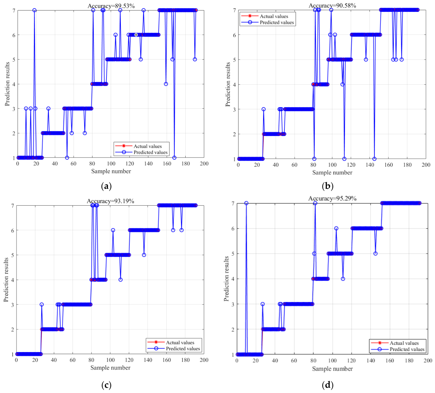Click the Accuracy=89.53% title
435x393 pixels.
pos(111,6)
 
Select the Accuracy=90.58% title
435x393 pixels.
pos(332,5)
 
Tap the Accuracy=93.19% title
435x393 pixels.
pos(110,201)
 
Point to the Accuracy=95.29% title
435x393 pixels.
pos(332,199)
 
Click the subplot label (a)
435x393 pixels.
pos(106,186)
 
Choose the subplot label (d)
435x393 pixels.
pos(328,385)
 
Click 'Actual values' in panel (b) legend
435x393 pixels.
pos(274,16)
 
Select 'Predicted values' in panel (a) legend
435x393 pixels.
pos(151,152)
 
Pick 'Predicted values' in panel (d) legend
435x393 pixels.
pos(407,349)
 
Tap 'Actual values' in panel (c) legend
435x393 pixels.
pos(180,343)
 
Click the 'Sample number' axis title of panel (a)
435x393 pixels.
pos(111,171)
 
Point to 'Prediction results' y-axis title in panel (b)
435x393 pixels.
pos(227,84)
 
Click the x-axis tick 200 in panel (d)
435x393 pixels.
pos(428,361)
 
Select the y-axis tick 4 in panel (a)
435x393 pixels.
pos(14,84)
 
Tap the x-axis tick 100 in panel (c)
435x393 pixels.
pos(110,360)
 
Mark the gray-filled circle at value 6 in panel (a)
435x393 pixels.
pos(136,35)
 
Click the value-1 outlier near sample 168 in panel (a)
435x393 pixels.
pos(174,158)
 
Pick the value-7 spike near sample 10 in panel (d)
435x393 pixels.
pos(246,203)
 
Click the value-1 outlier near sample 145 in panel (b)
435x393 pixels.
pos(374,159)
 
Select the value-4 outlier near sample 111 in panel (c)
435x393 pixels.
pos(120,280)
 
